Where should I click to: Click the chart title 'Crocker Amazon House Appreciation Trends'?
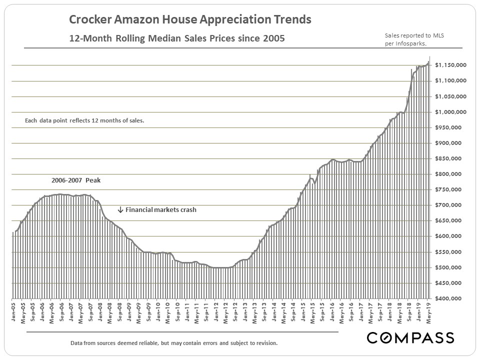point(190,20)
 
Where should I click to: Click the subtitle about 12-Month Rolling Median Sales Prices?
point(177,38)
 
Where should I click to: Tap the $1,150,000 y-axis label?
point(450,65)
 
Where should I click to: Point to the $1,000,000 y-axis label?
point(450,112)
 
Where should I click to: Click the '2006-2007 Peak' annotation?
point(76,180)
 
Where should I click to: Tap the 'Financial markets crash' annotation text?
point(160,210)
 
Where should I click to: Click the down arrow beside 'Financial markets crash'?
point(120,210)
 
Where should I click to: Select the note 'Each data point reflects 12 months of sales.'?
point(84,120)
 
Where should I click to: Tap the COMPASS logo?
point(410,337)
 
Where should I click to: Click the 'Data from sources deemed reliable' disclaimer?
point(174,343)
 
